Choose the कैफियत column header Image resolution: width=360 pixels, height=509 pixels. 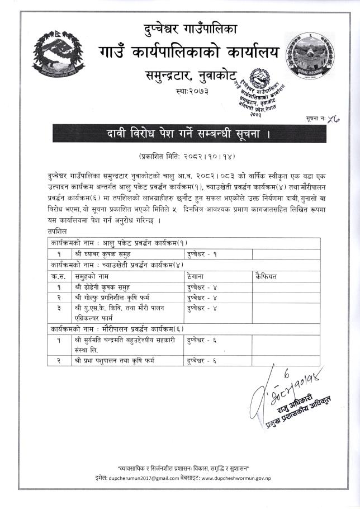pyautogui.click(x=266, y=276)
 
